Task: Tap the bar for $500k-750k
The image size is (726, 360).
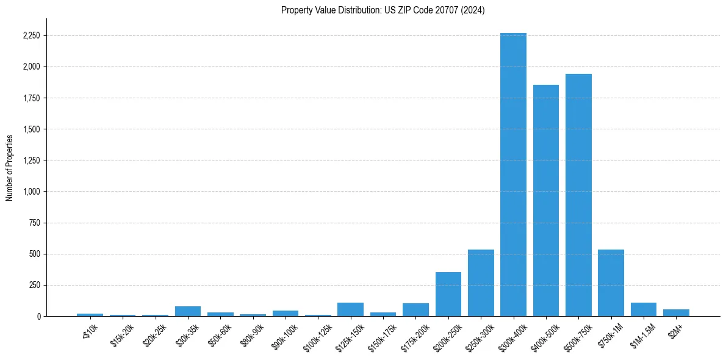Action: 578,195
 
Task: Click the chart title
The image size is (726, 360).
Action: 383,10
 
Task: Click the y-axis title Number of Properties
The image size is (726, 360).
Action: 10,167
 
